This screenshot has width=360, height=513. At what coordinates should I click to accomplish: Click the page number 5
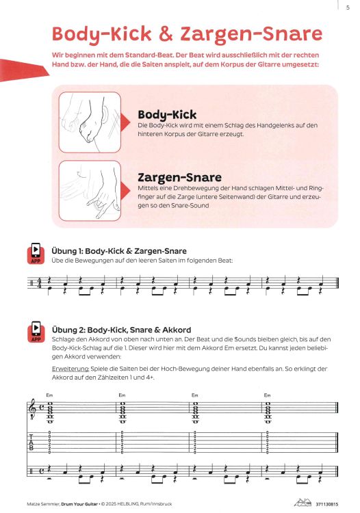348,8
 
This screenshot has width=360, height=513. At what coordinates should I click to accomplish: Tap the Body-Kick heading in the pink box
168,115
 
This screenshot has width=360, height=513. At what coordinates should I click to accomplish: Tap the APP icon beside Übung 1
36,254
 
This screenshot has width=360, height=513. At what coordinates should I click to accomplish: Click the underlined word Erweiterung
69,368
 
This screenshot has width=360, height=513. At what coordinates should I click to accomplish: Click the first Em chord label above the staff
49,394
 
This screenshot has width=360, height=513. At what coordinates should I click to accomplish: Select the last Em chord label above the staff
268,394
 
